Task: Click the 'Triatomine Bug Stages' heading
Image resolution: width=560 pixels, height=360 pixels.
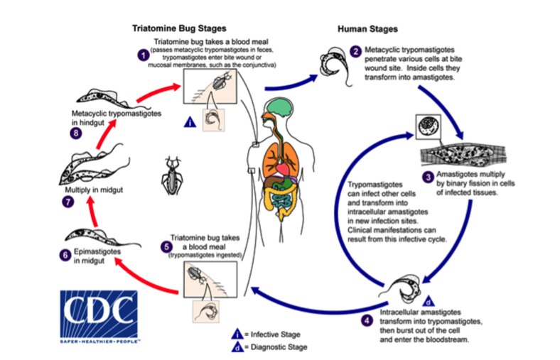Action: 179,29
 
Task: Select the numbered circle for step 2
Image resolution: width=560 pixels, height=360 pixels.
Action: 355,53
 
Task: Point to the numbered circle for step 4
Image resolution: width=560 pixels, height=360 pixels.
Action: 366,320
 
